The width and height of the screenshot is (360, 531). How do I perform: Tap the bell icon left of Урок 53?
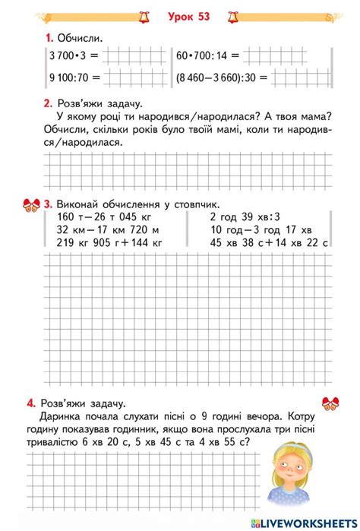click(144, 14)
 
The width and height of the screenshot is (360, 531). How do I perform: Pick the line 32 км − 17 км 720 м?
click(97, 230)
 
